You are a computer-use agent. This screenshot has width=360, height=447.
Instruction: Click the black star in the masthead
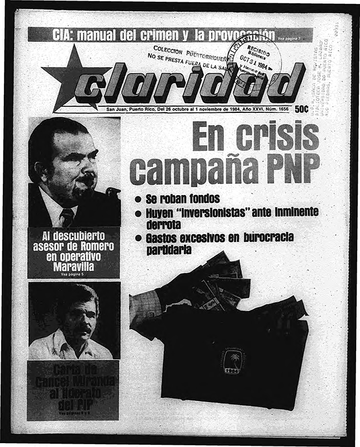pyautogui.click(x=68, y=78)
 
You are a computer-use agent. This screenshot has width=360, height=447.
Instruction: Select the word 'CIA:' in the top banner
pyautogui.click(x=64, y=35)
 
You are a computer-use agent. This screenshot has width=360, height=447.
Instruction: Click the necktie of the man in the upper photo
pyautogui.click(x=68, y=217)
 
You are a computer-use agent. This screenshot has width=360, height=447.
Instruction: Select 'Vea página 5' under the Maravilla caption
pyautogui.click(x=73, y=275)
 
